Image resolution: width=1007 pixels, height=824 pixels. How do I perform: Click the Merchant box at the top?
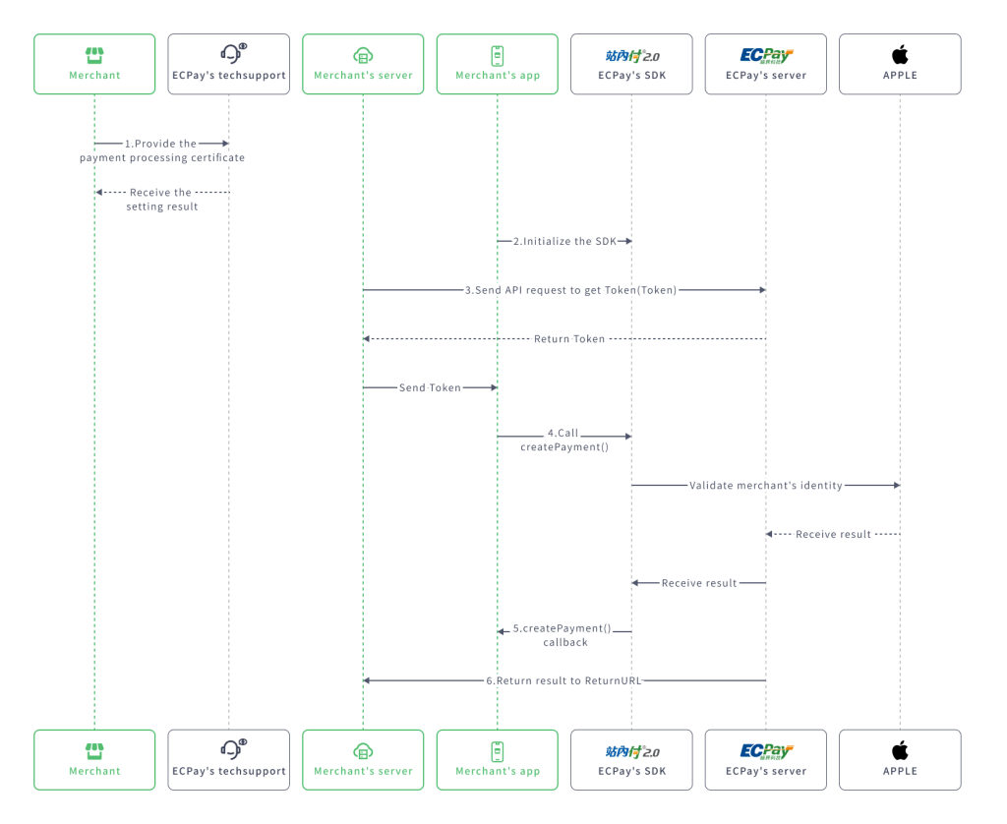coord(94,64)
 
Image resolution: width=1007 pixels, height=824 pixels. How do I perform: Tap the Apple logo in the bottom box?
coord(900,750)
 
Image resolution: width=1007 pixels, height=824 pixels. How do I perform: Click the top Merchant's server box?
coord(363,64)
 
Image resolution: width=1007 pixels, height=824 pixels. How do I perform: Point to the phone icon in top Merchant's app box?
coord(498,55)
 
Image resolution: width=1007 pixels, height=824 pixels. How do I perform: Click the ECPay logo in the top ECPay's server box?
coord(766,55)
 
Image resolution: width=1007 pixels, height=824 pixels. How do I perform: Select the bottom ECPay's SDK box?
coord(631,759)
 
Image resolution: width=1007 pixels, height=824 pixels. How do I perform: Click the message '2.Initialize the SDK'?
coord(564,241)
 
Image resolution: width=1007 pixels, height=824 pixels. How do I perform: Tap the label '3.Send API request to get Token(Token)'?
coord(570,290)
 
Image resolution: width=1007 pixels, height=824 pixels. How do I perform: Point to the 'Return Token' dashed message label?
coord(569,338)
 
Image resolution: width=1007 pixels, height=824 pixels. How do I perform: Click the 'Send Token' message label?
coord(430,387)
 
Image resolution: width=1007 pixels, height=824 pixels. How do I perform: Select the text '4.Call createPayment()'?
coord(563,440)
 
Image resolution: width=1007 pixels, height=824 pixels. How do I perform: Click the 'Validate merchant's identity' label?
coord(765,485)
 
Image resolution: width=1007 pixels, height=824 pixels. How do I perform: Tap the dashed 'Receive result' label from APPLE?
coord(833,534)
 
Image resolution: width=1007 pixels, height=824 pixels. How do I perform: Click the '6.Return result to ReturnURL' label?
coord(563,680)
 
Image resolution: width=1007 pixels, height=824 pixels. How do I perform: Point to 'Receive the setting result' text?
coord(161,200)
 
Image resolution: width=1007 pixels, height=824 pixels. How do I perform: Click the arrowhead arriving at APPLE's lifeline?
coord(895,485)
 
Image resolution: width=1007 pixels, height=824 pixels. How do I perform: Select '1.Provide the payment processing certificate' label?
coord(162,150)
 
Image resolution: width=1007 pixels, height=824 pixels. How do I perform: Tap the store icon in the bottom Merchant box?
coord(94,750)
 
